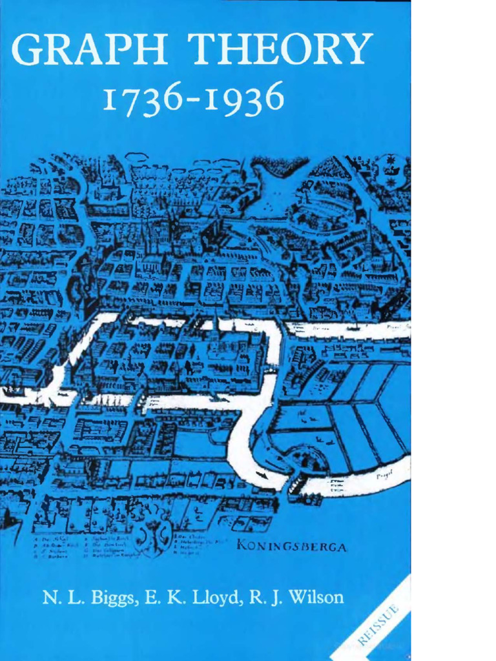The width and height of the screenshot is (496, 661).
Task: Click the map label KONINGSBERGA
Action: pos(292,547)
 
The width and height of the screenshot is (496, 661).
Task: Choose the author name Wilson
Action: pos(317,597)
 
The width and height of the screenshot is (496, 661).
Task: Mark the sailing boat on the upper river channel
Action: pos(354,327)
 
